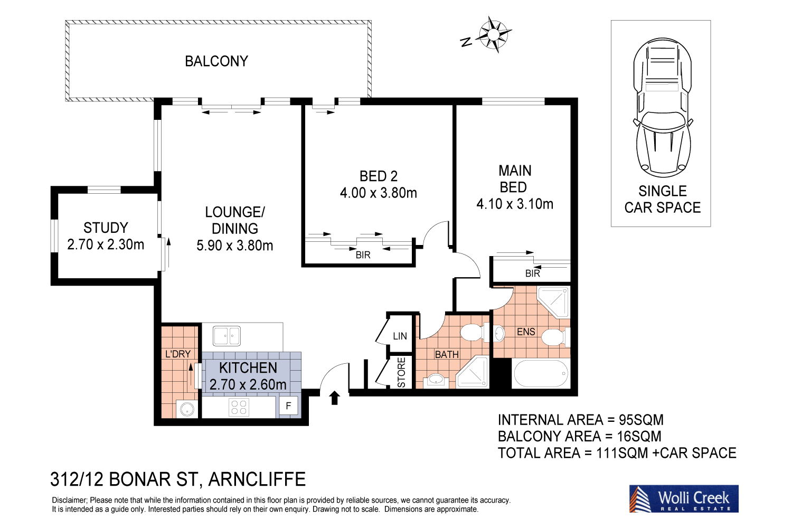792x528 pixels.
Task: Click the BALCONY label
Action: pyautogui.click(x=216, y=61)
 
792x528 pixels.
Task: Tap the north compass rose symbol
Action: pyautogui.click(x=493, y=35)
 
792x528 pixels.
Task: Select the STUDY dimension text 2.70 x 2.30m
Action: pyautogui.click(x=106, y=245)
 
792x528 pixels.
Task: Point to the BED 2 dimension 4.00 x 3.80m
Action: pyautogui.click(x=379, y=193)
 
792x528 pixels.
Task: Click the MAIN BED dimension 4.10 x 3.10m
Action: pyautogui.click(x=515, y=204)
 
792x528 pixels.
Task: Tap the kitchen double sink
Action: pyautogui.click(x=227, y=336)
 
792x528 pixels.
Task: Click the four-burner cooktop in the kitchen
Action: pyautogui.click(x=239, y=407)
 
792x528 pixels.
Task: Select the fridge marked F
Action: pyautogui.click(x=288, y=406)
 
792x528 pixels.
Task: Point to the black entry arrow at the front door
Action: pyautogui.click(x=334, y=398)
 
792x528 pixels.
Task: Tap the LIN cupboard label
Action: pyautogui.click(x=400, y=336)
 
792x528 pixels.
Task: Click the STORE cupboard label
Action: pyautogui.click(x=401, y=372)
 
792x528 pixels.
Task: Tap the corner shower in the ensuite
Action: pyautogui.click(x=554, y=301)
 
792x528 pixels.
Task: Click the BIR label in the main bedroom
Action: pyautogui.click(x=532, y=274)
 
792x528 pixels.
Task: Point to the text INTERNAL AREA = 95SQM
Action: pyautogui.click(x=580, y=420)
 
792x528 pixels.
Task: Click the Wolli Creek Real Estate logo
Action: pyautogui.click(x=683, y=499)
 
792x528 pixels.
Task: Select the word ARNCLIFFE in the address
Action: pyautogui.click(x=257, y=479)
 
